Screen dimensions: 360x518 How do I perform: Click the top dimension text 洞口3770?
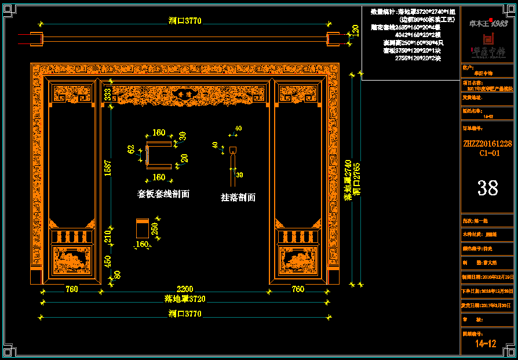point(185,21)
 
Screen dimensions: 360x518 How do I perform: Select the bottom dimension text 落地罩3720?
point(185,299)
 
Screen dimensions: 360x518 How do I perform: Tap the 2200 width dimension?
point(185,289)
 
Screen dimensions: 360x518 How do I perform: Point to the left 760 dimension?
point(72,289)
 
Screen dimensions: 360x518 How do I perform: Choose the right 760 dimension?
point(297,289)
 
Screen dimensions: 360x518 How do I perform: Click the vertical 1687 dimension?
point(108,169)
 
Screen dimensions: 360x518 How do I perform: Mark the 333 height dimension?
point(108,94)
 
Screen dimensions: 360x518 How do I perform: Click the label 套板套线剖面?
point(163,194)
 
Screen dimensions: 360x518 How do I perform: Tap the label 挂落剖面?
point(238,197)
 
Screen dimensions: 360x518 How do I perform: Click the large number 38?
point(487,187)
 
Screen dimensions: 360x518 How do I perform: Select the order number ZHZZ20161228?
point(487,143)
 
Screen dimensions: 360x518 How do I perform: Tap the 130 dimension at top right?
point(355,31)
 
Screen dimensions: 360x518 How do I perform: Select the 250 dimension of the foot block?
point(155,229)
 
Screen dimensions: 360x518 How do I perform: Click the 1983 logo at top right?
point(498,23)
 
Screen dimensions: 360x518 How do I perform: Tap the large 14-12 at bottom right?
point(486,343)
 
